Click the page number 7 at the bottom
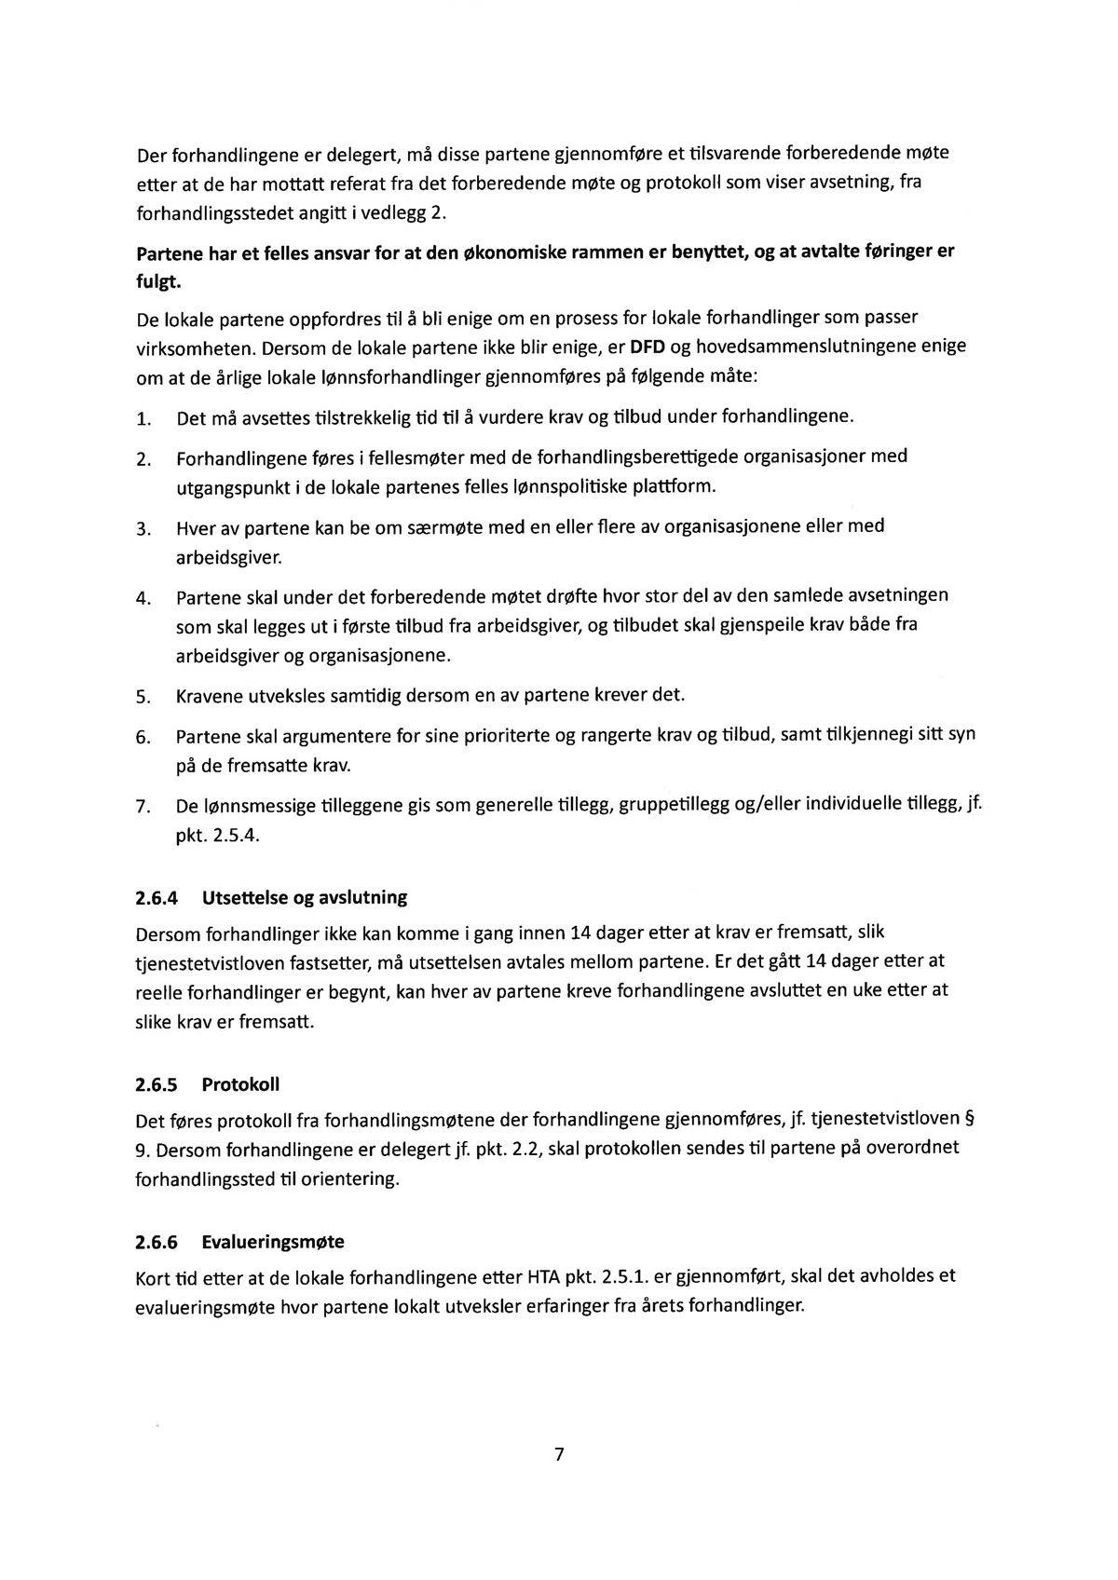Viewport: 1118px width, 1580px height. point(559,1454)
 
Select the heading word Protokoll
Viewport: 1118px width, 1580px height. point(240,1084)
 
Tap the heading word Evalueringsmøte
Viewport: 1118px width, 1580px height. point(273,1242)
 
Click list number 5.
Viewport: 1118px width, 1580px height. point(143,697)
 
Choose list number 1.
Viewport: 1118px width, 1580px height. point(143,419)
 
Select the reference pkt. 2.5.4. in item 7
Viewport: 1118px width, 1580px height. point(217,835)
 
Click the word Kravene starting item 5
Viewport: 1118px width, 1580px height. point(210,696)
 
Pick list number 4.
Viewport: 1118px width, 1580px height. point(143,597)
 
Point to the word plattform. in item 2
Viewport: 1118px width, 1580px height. point(675,486)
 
